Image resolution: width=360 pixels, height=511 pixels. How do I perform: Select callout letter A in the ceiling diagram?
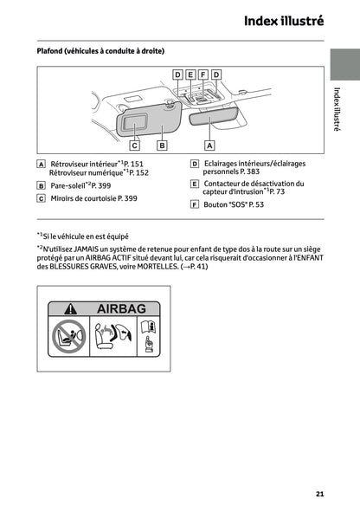pos(209,146)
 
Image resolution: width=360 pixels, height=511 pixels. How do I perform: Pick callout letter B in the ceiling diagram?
pos(161,146)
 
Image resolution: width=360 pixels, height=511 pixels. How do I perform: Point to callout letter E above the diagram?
pos(190,75)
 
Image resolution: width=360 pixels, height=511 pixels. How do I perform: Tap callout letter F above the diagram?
pos(203,75)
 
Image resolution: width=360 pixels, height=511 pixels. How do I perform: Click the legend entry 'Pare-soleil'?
pos(67,185)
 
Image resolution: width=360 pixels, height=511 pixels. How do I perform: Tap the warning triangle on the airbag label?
pos(72,308)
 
